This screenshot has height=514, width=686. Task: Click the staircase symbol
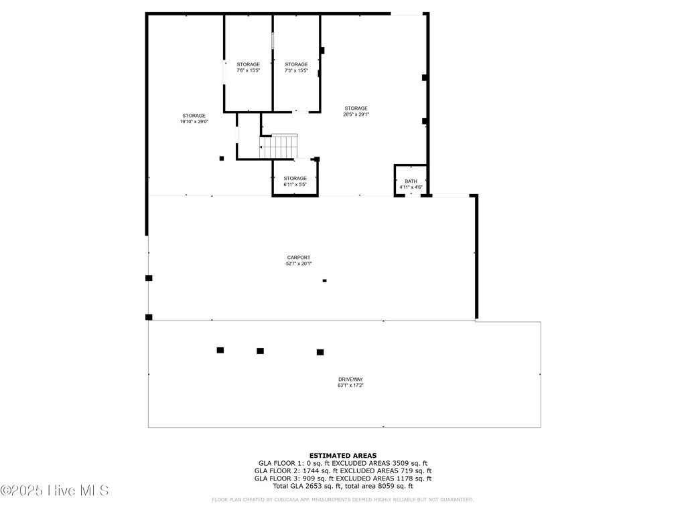[x=279, y=146]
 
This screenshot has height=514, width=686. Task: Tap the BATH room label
[x=411, y=181]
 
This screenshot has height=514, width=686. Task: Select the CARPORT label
[x=299, y=258]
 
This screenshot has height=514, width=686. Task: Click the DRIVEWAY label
[x=350, y=379]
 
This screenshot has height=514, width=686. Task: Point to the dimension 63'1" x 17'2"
[x=350, y=385]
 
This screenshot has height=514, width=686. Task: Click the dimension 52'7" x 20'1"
[x=299, y=264]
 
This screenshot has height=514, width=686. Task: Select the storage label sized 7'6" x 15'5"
[x=248, y=64]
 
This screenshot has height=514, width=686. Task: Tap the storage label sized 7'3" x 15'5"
[x=296, y=64]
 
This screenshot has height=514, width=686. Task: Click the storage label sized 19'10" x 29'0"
[x=194, y=116]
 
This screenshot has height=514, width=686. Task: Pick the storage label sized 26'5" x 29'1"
[x=356, y=108]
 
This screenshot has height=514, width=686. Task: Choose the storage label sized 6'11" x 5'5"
[x=295, y=178]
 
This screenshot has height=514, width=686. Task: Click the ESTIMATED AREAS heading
[x=342, y=455]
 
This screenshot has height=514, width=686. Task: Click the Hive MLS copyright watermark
[x=55, y=491]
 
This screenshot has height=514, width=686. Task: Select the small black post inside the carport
[x=325, y=280]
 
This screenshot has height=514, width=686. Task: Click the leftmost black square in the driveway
[x=220, y=350]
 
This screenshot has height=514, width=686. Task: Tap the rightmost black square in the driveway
[x=320, y=352]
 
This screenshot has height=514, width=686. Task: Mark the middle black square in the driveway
[x=260, y=351]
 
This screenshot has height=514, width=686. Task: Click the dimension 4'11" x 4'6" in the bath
[x=411, y=187]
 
